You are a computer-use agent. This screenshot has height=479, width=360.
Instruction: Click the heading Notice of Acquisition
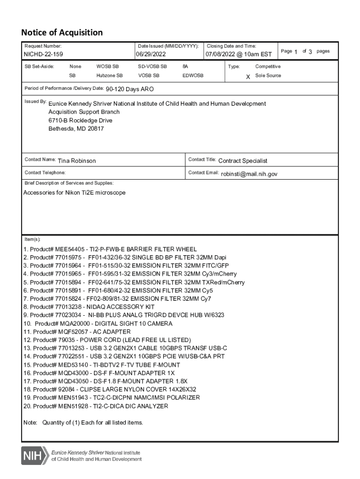point(62,33)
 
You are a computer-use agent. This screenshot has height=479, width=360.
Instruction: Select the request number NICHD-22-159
point(43,55)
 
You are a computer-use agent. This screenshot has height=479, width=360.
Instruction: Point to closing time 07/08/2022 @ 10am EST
point(238,55)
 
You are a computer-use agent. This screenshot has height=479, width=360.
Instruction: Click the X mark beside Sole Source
point(248,76)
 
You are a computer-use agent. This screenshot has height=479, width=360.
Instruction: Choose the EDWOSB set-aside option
point(193,75)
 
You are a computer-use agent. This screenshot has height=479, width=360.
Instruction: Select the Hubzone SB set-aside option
point(109,75)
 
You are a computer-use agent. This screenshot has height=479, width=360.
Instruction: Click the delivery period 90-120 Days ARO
point(130,89)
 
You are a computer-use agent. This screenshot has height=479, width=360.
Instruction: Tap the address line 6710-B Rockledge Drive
point(80,120)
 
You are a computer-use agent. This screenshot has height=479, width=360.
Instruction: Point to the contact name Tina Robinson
point(77,161)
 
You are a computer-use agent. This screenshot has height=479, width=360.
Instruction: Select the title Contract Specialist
point(243,161)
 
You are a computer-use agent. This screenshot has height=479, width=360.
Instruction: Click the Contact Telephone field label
point(45,173)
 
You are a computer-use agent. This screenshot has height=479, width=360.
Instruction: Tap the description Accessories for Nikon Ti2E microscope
point(74,193)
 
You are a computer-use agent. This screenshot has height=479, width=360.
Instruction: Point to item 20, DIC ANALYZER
point(95,406)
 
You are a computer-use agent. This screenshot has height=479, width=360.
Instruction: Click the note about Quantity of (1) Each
point(83,423)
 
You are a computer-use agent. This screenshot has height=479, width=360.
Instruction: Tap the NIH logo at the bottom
point(34,455)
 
